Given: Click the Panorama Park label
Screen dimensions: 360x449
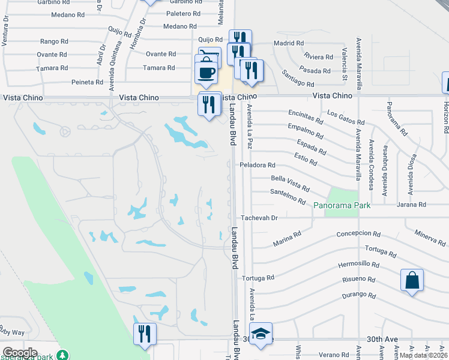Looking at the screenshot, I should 342,205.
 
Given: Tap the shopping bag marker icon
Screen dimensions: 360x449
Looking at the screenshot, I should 412,280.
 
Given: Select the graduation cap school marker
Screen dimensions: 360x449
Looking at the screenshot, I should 261,333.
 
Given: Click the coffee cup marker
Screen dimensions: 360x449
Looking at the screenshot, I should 206,72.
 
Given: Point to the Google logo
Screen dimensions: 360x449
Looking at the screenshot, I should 20,353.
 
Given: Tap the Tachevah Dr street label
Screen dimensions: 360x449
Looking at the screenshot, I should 259,218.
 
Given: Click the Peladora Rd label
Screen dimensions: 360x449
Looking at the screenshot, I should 257,165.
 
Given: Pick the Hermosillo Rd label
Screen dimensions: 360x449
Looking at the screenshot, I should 359,264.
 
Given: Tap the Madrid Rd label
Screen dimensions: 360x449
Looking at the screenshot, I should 289,43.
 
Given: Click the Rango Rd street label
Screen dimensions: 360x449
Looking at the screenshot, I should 54,41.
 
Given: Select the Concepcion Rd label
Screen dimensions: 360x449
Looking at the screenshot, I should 358,234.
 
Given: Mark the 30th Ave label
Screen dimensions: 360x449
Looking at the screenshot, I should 383,339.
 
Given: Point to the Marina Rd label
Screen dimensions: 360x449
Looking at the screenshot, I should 287,239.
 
